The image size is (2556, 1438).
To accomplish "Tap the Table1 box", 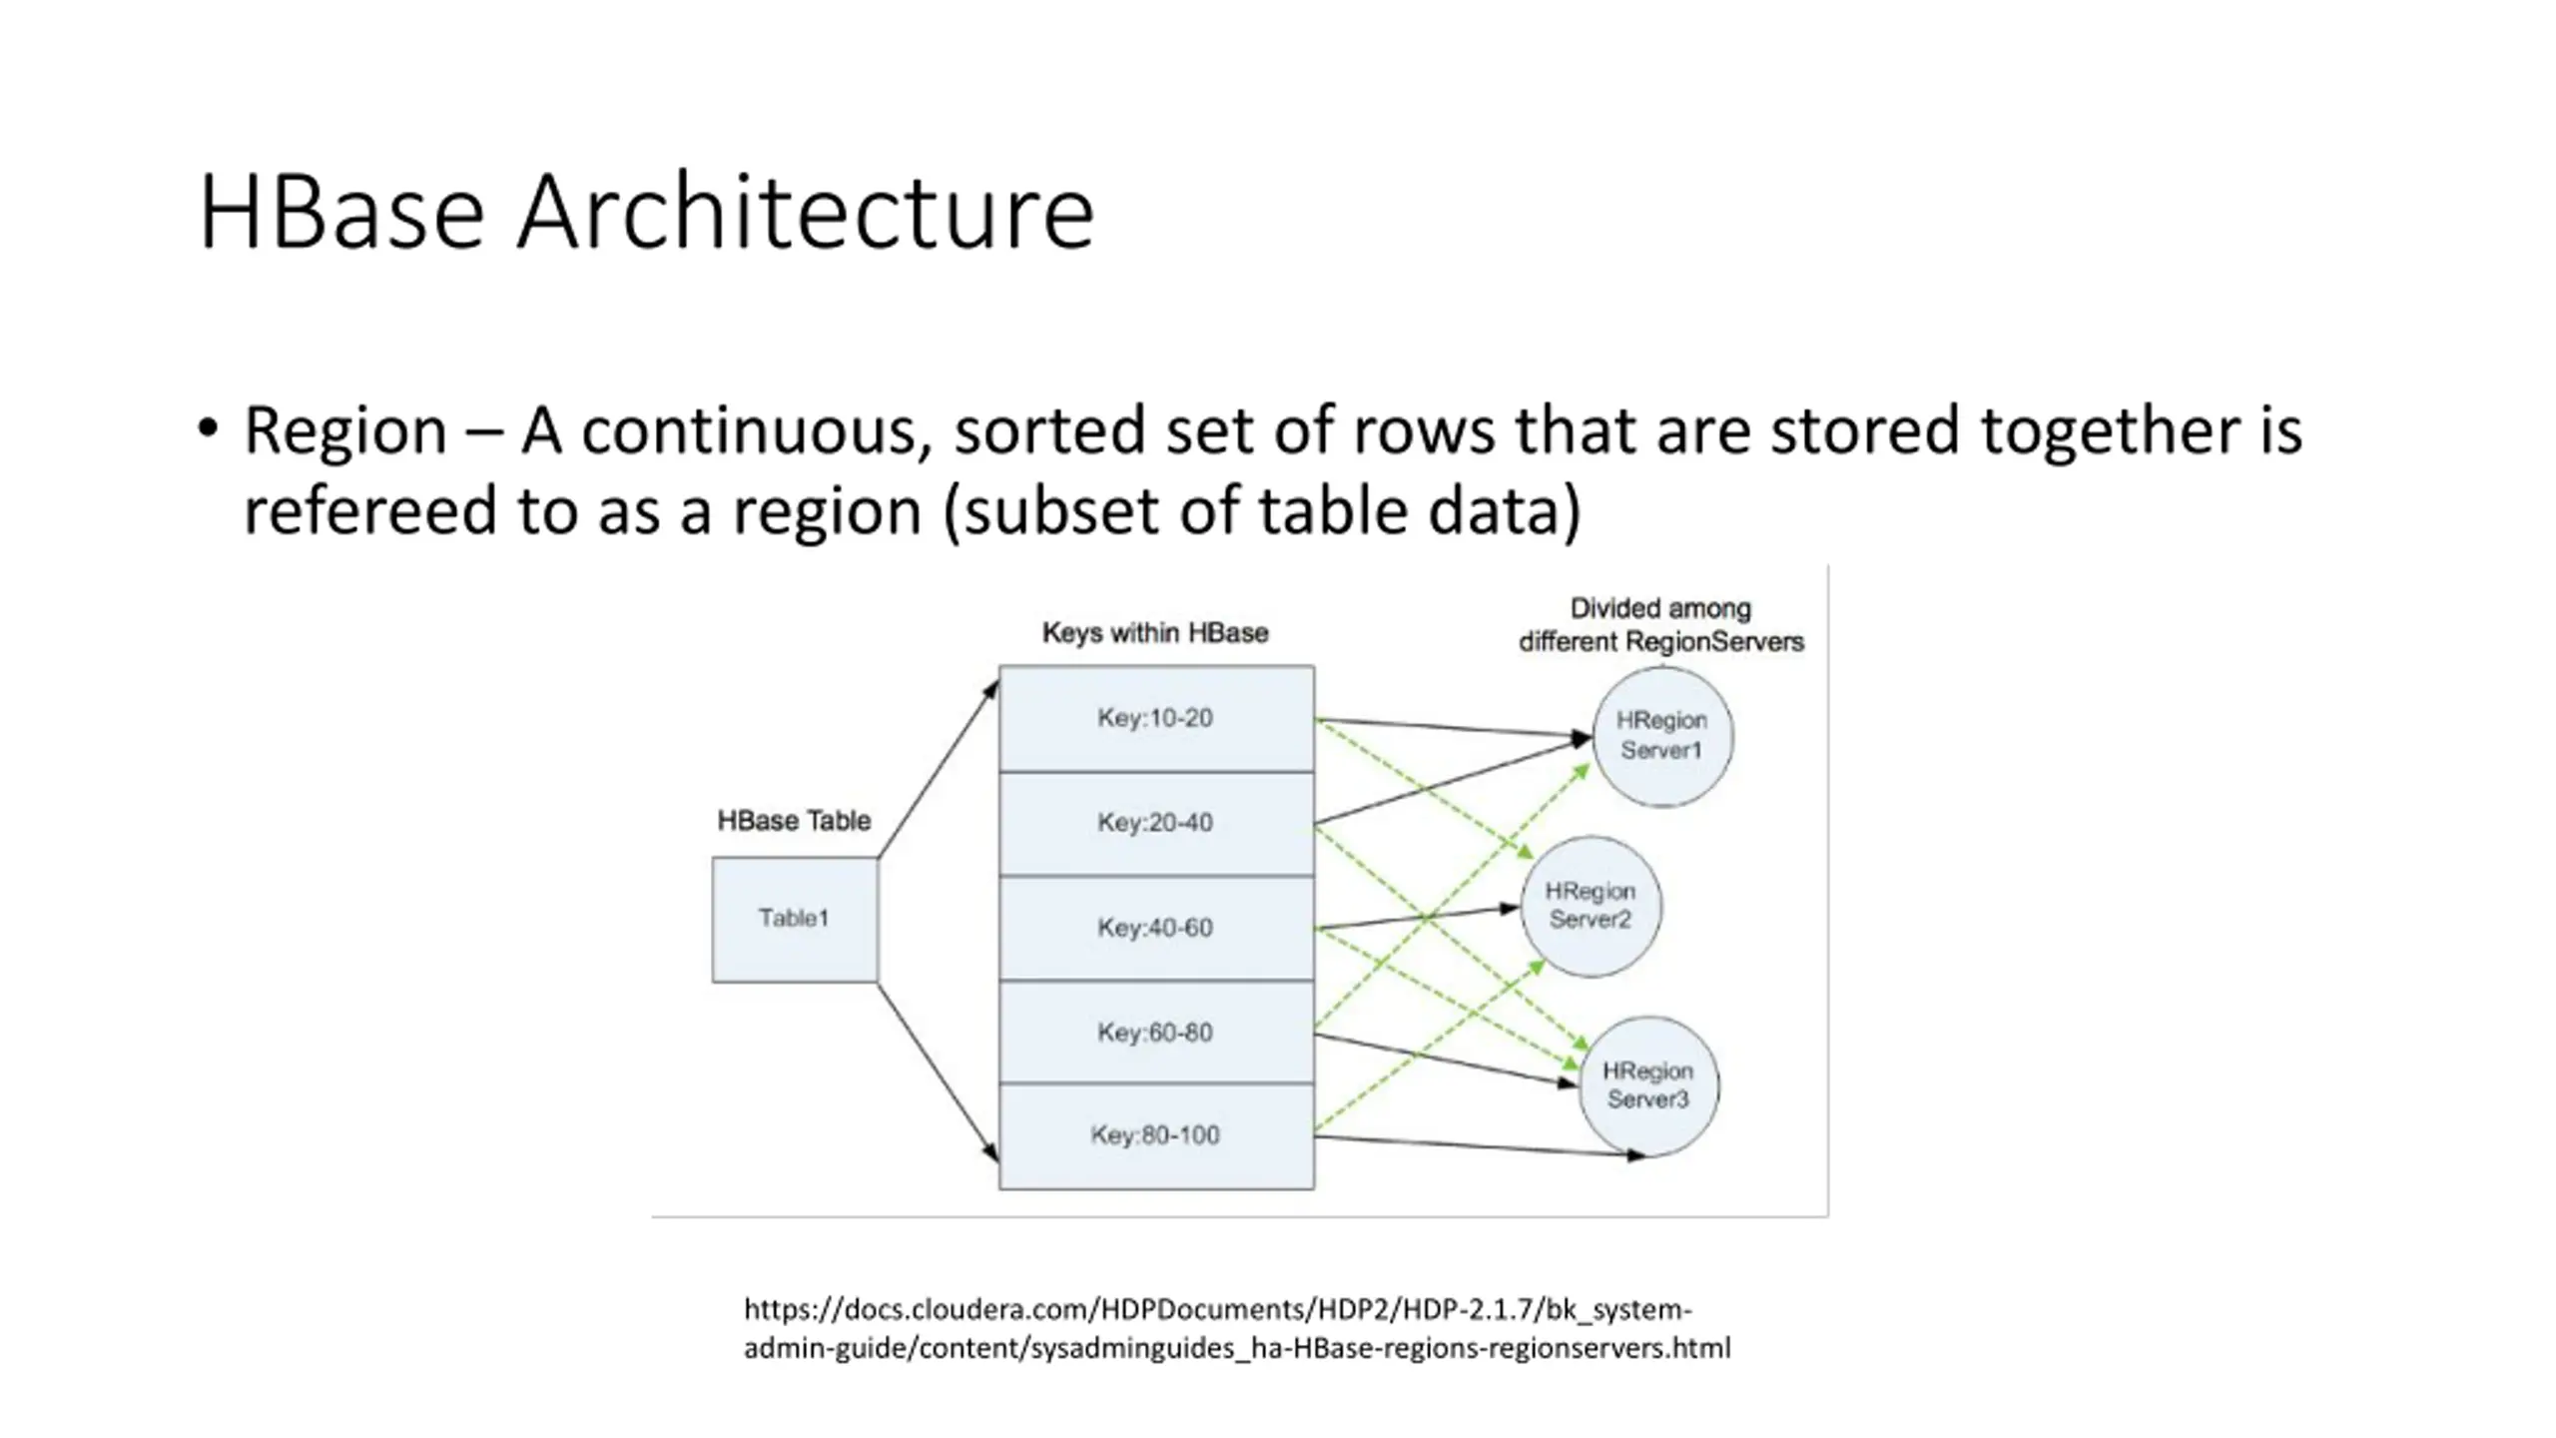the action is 795,919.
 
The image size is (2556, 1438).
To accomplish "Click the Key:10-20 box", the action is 1156,718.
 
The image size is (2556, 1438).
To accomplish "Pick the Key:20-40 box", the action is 1156,824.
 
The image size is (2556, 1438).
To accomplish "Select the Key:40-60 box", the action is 1156,929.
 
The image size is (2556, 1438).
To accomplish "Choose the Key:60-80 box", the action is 1156,1033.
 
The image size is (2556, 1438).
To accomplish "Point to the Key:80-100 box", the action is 1156,1136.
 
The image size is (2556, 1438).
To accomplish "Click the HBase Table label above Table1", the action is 794,821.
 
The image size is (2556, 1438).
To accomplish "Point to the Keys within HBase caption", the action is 1155,633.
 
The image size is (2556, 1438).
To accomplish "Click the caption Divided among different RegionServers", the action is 1661,625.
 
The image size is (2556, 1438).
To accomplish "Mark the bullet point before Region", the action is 208,429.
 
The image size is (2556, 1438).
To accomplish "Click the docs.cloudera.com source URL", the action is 1237,1328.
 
